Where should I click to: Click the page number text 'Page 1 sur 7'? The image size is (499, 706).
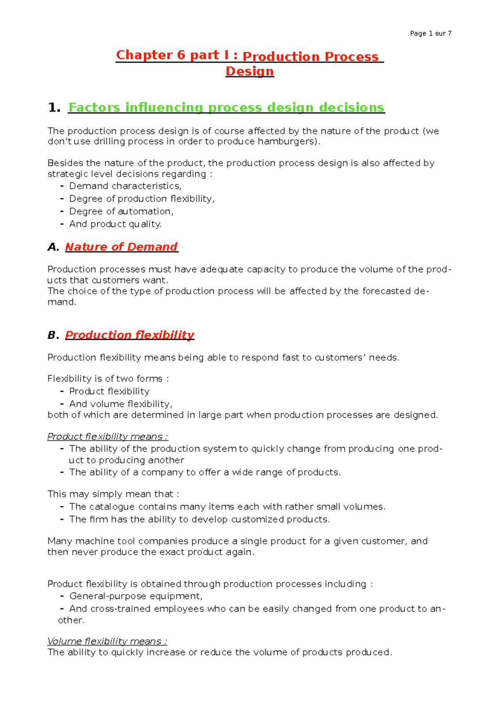click(x=430, y=33)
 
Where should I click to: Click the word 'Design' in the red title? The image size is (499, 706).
click(x=249, y=71)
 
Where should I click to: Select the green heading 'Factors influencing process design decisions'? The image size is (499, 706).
click(x=226, y=107)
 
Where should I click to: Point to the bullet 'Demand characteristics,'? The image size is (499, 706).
click(x=125, y=186)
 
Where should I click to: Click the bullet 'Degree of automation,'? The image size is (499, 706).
click(x=121, y=212)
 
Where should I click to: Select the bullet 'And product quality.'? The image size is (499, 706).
click(x=115, y=224)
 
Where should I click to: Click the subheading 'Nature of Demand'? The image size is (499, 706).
click(x=121, y=247)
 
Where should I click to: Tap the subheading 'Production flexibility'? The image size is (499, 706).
click(x=130, y=335)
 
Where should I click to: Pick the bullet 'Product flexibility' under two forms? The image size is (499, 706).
click(x=109, y=392)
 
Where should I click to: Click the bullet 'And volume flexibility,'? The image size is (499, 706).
click(x=121, y=404)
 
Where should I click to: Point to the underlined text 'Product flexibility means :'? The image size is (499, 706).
click(x=108, y=437)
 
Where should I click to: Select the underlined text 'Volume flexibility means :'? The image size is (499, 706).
click(x=107, y=641)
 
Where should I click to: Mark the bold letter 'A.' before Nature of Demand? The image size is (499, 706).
click(x=53, y=247)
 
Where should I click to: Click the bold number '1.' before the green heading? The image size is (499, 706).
click(x=54, y=108)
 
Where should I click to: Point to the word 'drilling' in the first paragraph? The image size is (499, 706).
click(x=109, y=142)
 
